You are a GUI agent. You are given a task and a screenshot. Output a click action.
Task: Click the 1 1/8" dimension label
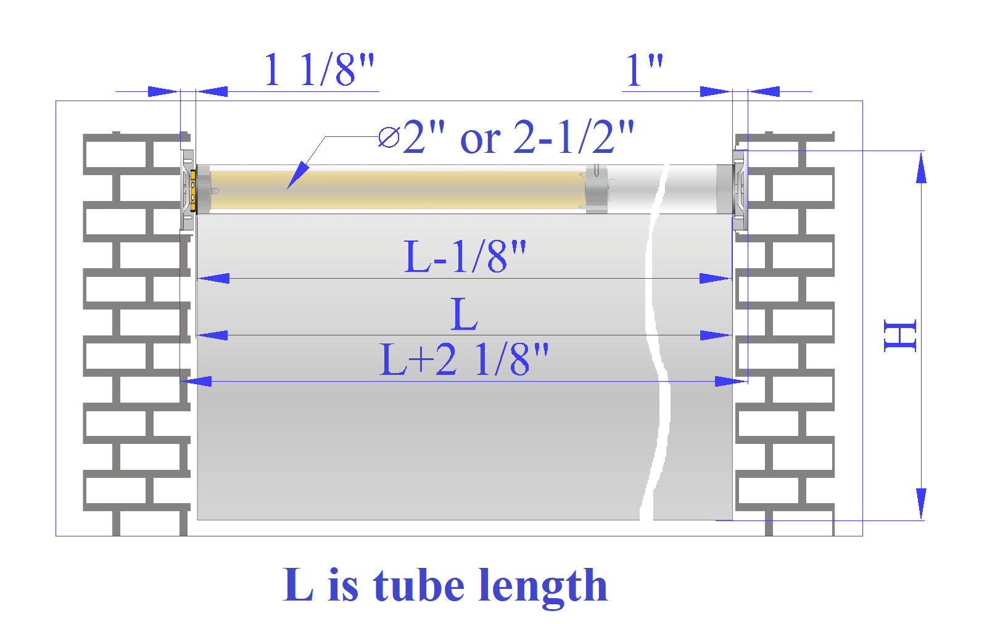tap(318, 70)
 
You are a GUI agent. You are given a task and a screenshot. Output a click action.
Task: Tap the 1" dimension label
tap(644, 70)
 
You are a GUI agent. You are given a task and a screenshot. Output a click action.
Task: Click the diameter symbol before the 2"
tap(389, 137)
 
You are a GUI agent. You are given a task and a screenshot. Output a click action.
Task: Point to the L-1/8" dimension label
tap(465, 257)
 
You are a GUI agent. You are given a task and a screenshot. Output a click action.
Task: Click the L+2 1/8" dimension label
tap(464, 359)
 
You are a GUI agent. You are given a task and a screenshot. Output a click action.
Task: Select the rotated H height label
tap(900, 335)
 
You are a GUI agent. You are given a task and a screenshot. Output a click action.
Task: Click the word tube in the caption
tap(419, 585)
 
